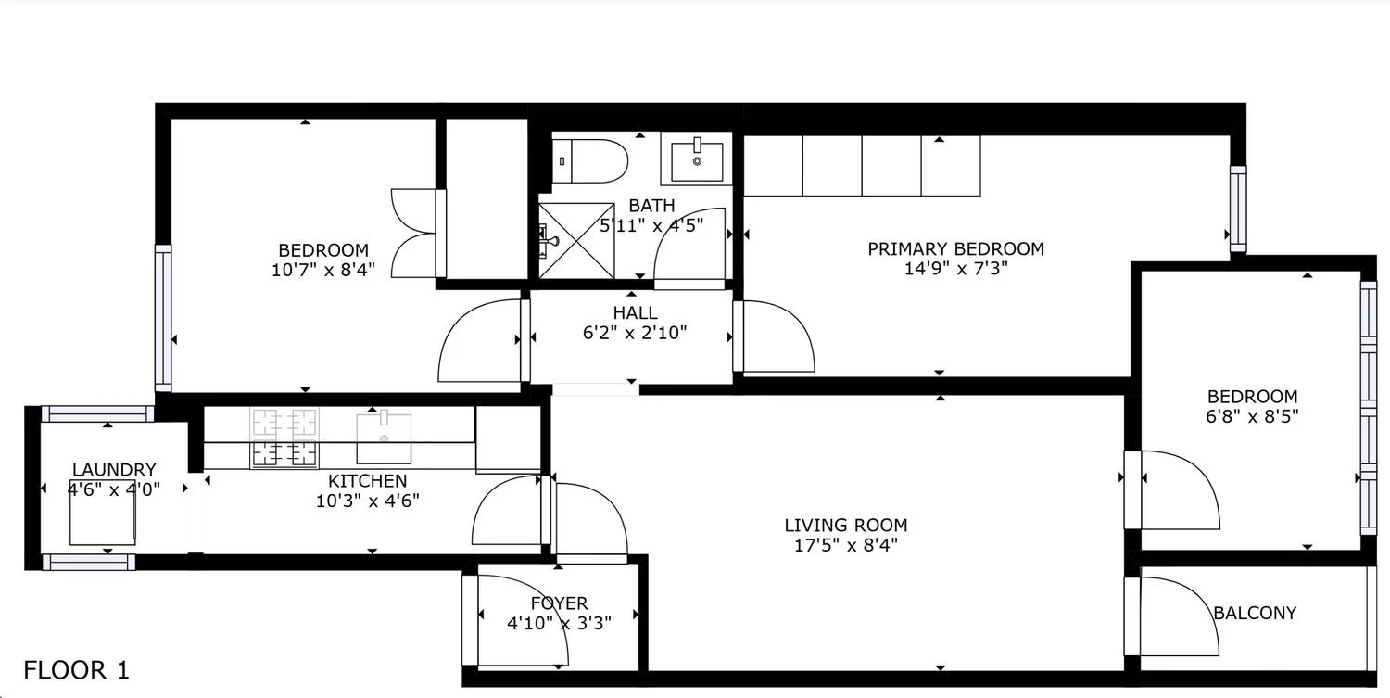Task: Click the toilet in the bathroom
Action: coord(589,161)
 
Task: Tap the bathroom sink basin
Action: coord(697,160)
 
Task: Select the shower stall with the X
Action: coord(576,241)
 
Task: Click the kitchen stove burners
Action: coord(284,438)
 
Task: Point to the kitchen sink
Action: coord(384,438)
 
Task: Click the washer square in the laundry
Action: coord(102,513)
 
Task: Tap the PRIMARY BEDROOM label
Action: coord(955,249)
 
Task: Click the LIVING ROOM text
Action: coord(846,526)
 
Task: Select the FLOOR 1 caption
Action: coord(76,671)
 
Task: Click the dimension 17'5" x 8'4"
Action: coord(846,545)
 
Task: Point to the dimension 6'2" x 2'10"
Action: coord(634,333)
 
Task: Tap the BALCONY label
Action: coord(1255,614)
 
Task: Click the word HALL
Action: coord(635,313)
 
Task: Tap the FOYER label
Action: coord(559,603)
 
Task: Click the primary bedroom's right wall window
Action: coord(1238,209)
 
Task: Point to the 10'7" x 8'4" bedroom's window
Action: coord(163,318)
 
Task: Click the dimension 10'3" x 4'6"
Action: coord(367,501)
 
